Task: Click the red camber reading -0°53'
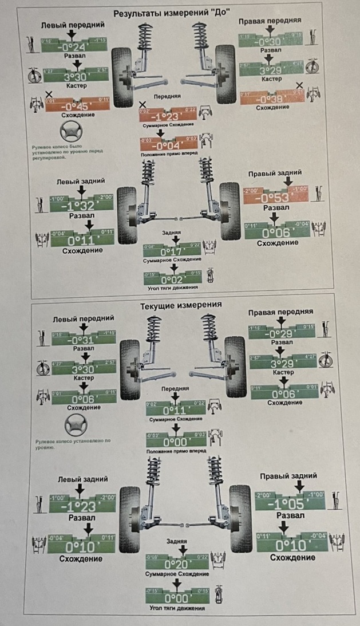[x=275, y=198]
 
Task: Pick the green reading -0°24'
[x=73, y=46]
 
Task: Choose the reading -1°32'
[x=80, y=206]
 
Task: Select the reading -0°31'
[x=84, y=340]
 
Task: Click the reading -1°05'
[x=290, y=505]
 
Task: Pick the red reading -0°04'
[x=170, y=145]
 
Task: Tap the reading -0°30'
[x=270, y=41]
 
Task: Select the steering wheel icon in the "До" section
[x=71, y=133]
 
